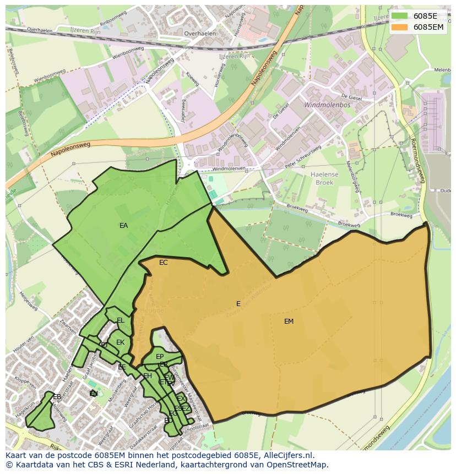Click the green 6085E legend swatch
(x=400, y=16)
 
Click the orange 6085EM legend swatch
(x=400, y=27)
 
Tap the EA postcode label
(x=123, y=225)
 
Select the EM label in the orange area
(x=289, y=322)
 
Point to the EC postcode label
(x=163, y=263)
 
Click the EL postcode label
(x=120, y=320)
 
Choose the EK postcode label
(x=120, y=342)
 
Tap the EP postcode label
(x=160, y=357)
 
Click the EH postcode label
(x=148, y=376)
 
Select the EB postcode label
(x=57, y=396)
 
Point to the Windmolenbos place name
(x=322, y=103)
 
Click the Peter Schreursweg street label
(x=302, y=157)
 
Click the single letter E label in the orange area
(x=238, y=304)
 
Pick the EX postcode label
(x=181, y=399)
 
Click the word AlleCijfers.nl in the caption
(x=287, y=455)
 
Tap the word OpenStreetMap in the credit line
(x=297, y=465)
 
